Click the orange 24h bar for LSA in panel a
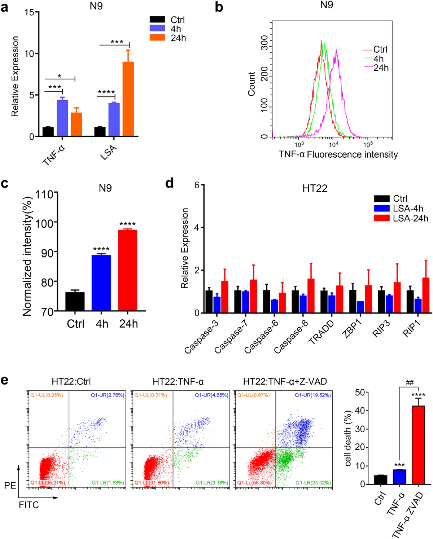128,99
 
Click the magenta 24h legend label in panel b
381,68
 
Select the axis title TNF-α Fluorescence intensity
338,154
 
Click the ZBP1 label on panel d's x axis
352,329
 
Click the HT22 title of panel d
315,188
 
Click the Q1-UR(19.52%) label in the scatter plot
312,395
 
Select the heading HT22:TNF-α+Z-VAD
285,382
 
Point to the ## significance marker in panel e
410,383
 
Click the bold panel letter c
5,183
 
